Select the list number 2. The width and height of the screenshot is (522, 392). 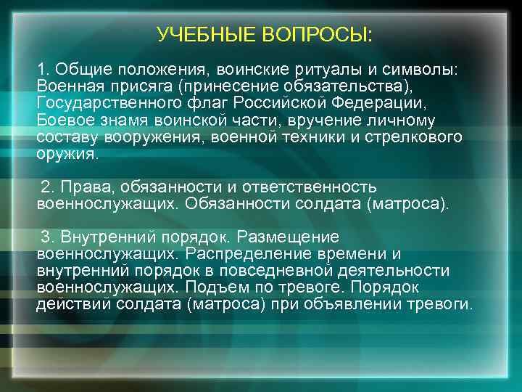(46, 187)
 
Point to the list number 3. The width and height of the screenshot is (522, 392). (46, 237)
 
